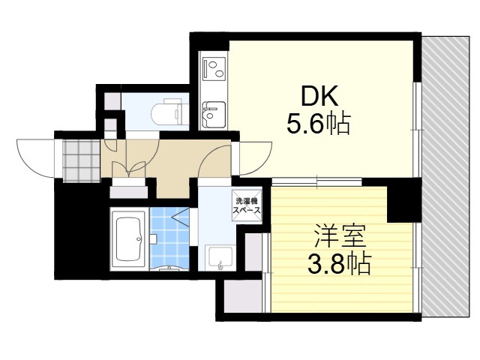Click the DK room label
320,95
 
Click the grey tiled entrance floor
80,159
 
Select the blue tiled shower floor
169,238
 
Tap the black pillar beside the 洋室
404,199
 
